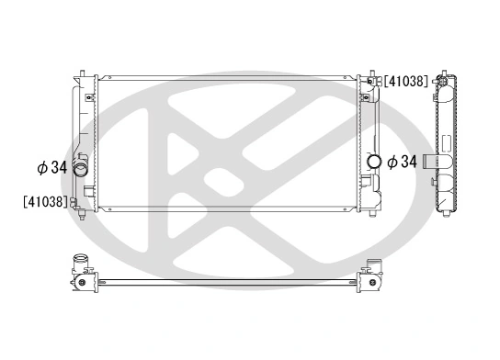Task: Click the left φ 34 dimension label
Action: click(51, 168)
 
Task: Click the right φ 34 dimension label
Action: click(402, 163)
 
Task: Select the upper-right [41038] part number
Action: click(405, 81)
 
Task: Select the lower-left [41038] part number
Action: click(44, 201)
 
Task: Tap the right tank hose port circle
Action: click(374, 163)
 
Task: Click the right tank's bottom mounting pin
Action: click(373, 214)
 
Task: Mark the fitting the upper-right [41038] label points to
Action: click(374, 83)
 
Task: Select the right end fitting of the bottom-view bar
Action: click(374, 279)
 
